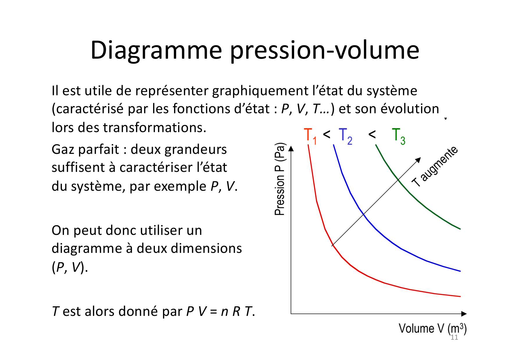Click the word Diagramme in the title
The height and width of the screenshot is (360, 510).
point(156,51)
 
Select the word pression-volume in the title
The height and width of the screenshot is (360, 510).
point(325,51)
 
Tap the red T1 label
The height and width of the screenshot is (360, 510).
point(310,136)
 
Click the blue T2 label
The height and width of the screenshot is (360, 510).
point(346,136)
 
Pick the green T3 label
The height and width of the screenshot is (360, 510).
point(398,136)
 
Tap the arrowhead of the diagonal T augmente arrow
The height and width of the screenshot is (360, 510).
point(418,160)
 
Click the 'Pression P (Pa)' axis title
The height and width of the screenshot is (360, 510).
point(280,179)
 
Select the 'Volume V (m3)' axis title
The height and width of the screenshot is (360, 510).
point(432,329)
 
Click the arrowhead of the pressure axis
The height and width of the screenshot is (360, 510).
point(291,149)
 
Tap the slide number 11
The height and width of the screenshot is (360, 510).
point(454,337)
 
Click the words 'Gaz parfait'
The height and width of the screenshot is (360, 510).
point(85,150)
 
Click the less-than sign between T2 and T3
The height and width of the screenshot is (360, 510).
point(372,134)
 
